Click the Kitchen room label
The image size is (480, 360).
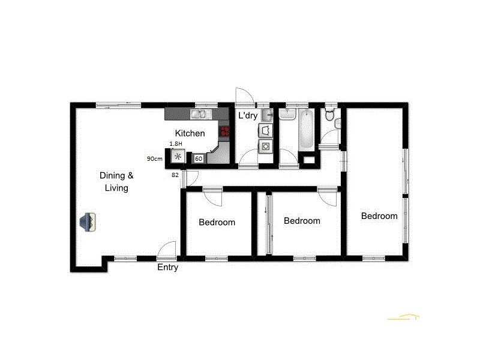pyautogui.click(x=190, y=133)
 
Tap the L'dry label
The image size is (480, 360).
pyautogui.click(x=248, y=115)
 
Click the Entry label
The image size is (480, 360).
pyautogui.click(x=167, y=268)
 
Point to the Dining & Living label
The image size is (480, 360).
pyautogui.click(x=116, y=181)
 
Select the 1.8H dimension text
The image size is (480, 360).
pyautogui.click(x=176, y=144)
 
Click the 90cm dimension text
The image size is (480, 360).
pyautogui.click(x=155, y=159)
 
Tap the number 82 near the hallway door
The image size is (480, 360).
pyautogui.click(x=175, y=175)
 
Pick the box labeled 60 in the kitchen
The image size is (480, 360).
pyautogui.click(x=198, y=158)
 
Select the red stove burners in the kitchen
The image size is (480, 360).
pyautogui.click(x=225, y=131)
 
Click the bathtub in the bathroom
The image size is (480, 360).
pyautogui.click(x=305, y=130)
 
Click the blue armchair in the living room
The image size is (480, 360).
pyautogui.click(x=89, y=221)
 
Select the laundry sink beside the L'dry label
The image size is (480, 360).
pyautogui.click(x=267, y=114)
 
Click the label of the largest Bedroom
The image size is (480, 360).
pyautogui.click(x=379, y=216)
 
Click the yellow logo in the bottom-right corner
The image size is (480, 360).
pyautogui.click(x=403, y=317)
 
